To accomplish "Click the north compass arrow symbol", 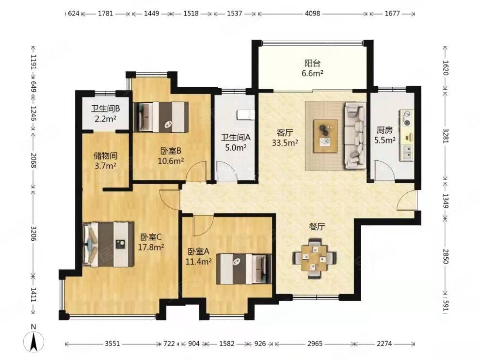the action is click(x=33, y=341).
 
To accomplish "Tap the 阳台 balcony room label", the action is click(x=312, y=63).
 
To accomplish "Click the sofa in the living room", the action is click(x=355, y=136).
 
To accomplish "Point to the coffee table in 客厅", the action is click(x=325, y=136).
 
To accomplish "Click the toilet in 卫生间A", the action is click(x=245, y=115).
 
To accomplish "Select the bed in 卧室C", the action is click(x=109, y=244).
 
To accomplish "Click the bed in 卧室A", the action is click(x=244, y=269).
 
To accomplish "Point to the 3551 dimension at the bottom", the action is click(x=112, y=344).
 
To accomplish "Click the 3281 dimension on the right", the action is click(x=446, y=136).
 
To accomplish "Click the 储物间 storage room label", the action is click(x=105, y=156).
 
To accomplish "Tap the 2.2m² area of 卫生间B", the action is click(x=105, y=119).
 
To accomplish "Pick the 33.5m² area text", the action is click(x=285, y=142).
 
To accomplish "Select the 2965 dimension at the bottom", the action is click(x=315, y=344).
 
